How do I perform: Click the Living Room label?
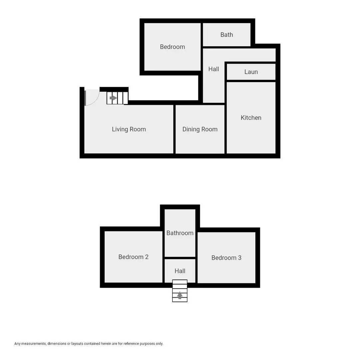[129, 129]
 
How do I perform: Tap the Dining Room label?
[200, 129]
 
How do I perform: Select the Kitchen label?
[251, 118]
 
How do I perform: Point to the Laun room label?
[251, 72]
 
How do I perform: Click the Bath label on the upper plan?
[226, 35]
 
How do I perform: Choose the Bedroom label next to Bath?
[172, 47]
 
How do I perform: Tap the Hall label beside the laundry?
[213, 69]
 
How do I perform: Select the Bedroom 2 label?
[133, 257]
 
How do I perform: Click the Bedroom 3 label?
[226, 258]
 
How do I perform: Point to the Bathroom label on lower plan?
[180, 233]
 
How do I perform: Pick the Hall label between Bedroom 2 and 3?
[180, 271]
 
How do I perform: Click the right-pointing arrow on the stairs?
[113, 98]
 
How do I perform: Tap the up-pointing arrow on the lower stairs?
[180, 295]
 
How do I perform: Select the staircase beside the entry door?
[117, 98]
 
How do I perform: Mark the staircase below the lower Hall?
[180, 291]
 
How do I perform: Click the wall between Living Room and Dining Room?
[174, 129]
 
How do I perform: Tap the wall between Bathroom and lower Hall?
[180, 258]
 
